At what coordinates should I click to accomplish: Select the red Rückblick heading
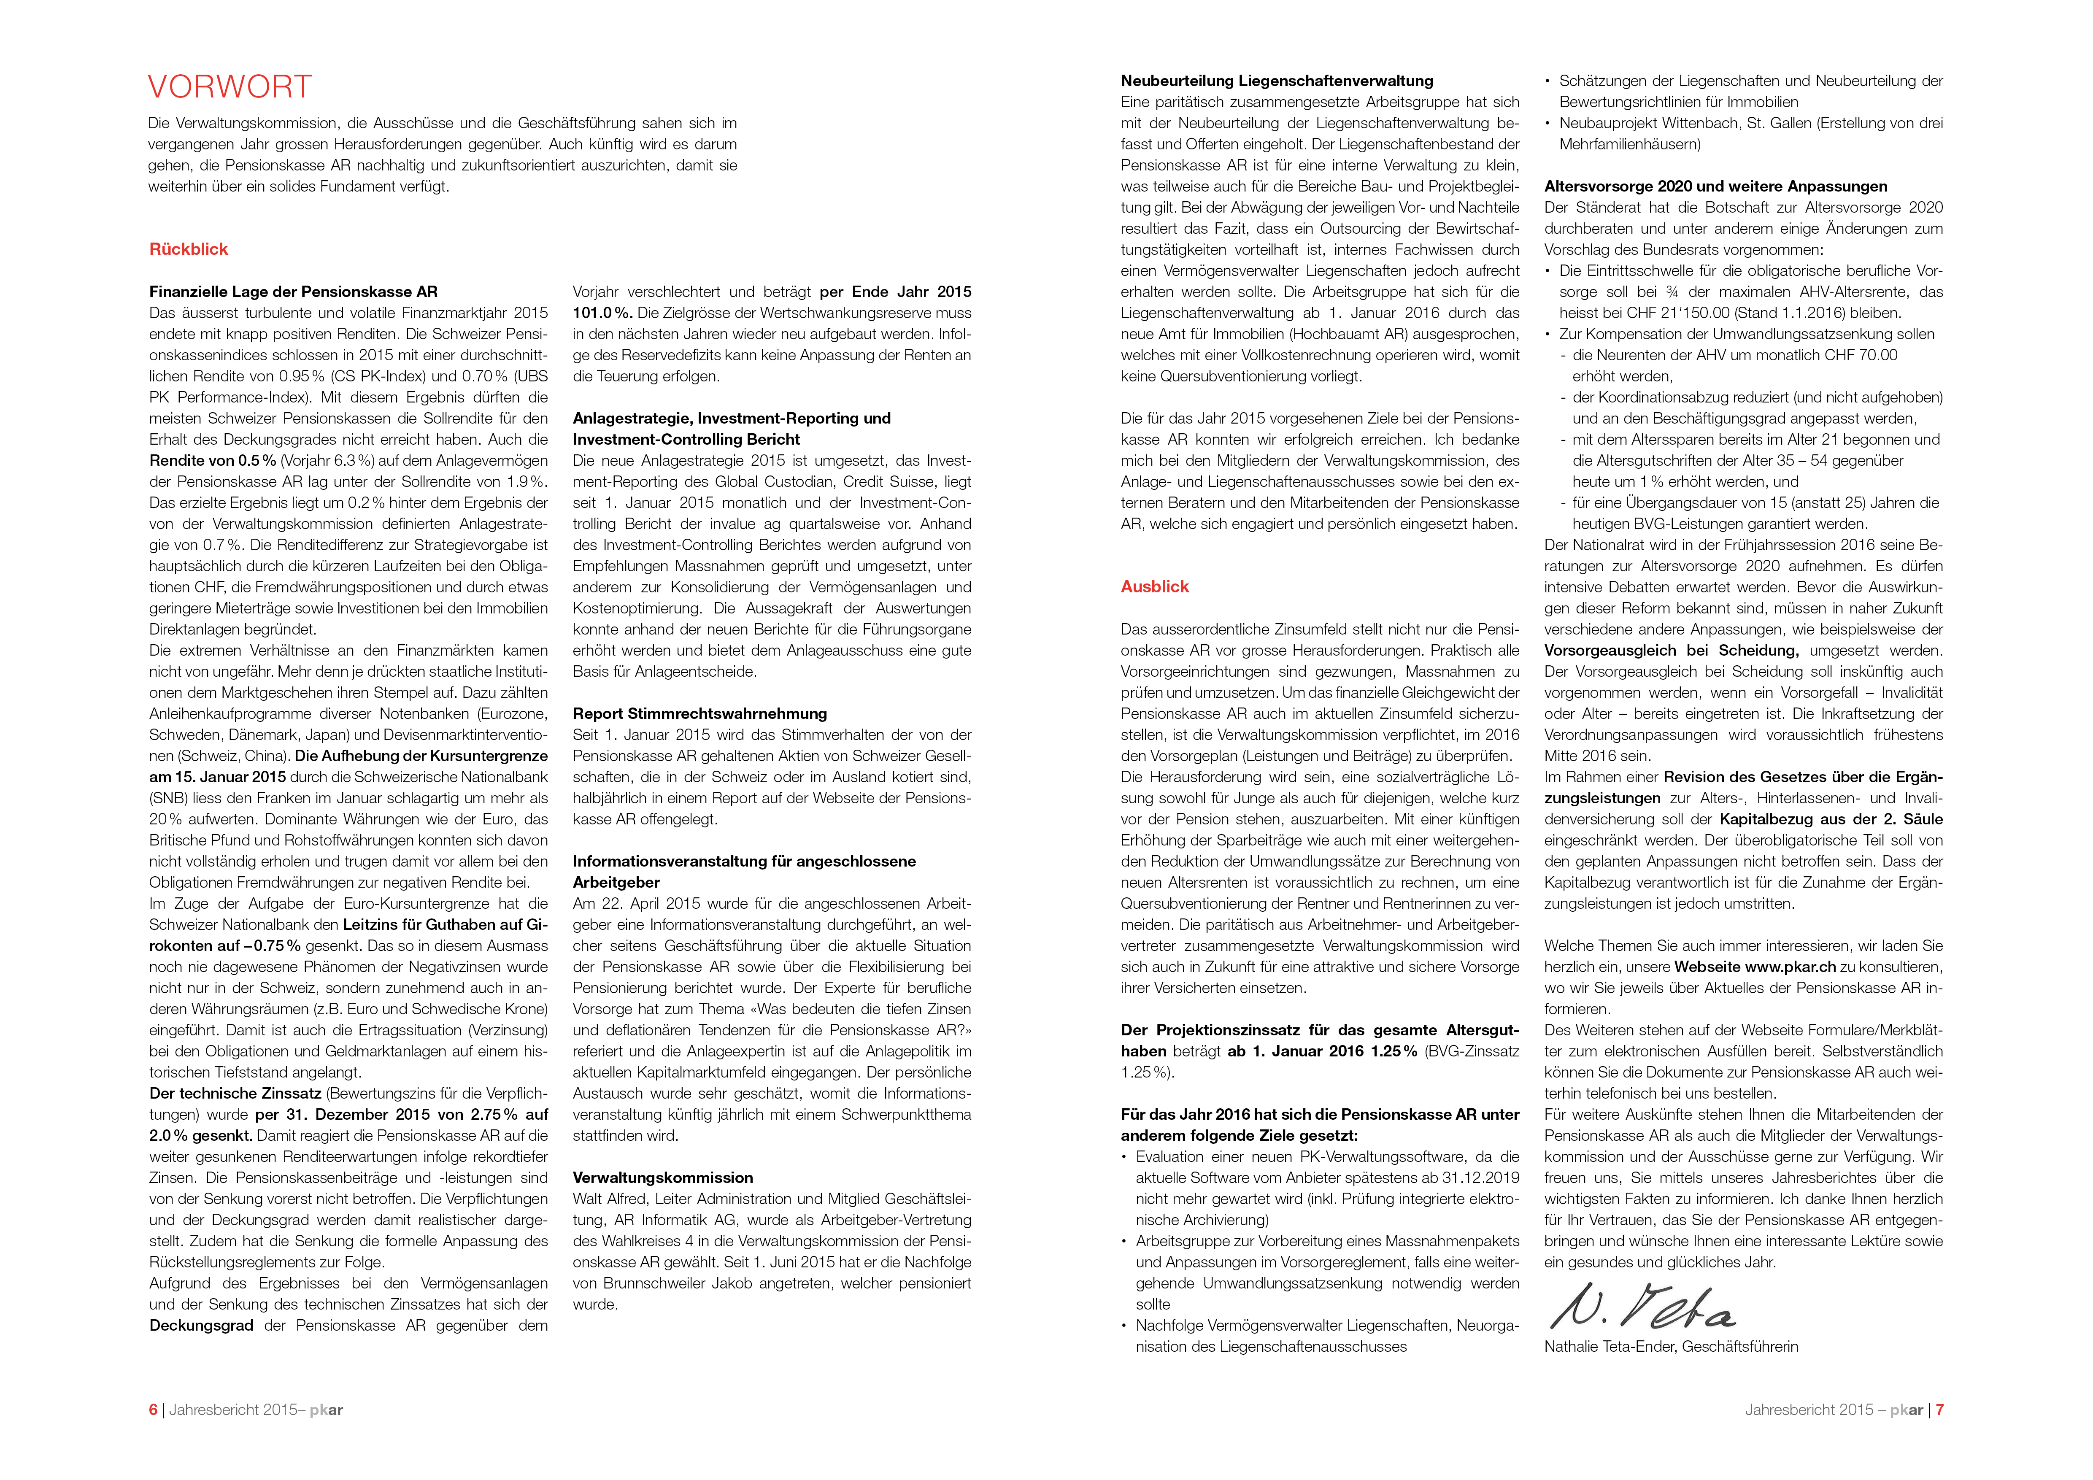click(x=189, y=249)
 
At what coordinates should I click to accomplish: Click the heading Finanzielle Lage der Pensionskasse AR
click(x=294, y=292)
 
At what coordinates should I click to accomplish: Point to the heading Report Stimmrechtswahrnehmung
click(x=699, y=713)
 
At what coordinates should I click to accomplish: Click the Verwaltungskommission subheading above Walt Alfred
click(x=663, y=1178)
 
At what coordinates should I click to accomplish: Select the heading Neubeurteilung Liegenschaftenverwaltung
click(x=1276, y=81)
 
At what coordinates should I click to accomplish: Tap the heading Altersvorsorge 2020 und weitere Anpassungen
click(x=1715, y=186)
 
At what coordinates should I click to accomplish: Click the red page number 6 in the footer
click(x=153, y=1410)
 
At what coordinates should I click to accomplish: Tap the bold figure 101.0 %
click(x=602, y=313)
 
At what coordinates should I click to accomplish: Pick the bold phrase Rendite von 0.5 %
click(x=212, y=460)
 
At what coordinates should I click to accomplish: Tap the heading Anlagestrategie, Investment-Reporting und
click(x=731, y=418)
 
